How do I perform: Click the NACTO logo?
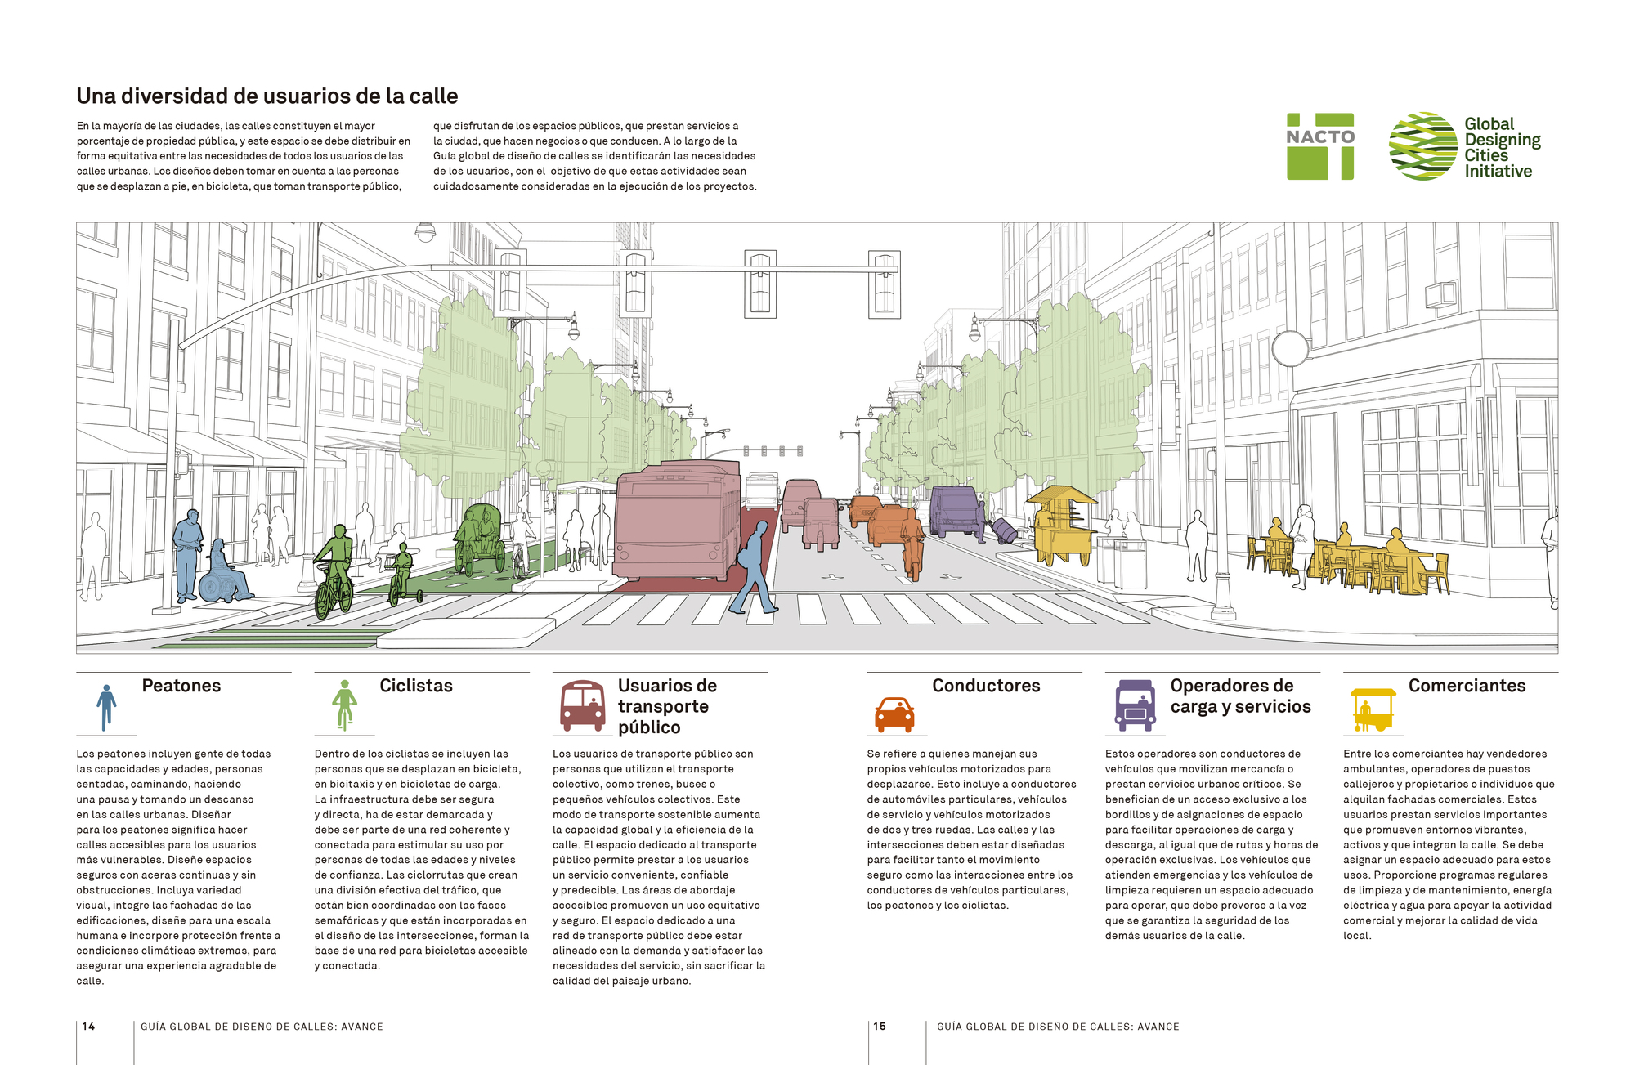pyautogui.click(x=1319, y=146)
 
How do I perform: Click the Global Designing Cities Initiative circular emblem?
pyautogui.click(x=1422, y=146)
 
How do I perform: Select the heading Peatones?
pyautogui.click(x=181, y=686)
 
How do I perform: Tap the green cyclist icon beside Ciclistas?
pyautogui.click(x=344, y=705)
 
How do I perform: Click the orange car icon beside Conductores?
pyautogui.click(x=894, y=714)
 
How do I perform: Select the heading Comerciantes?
pyautogui.click(x=1467, y=686)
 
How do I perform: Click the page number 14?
pyautogui.click(x=88, y=1027)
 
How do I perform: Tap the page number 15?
pyautogui.click(x=880, y=1027)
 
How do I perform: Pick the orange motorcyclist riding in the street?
pyautogui.click(x=912, y=544)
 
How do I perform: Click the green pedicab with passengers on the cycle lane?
pyautogui.click(x=481, y=538)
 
